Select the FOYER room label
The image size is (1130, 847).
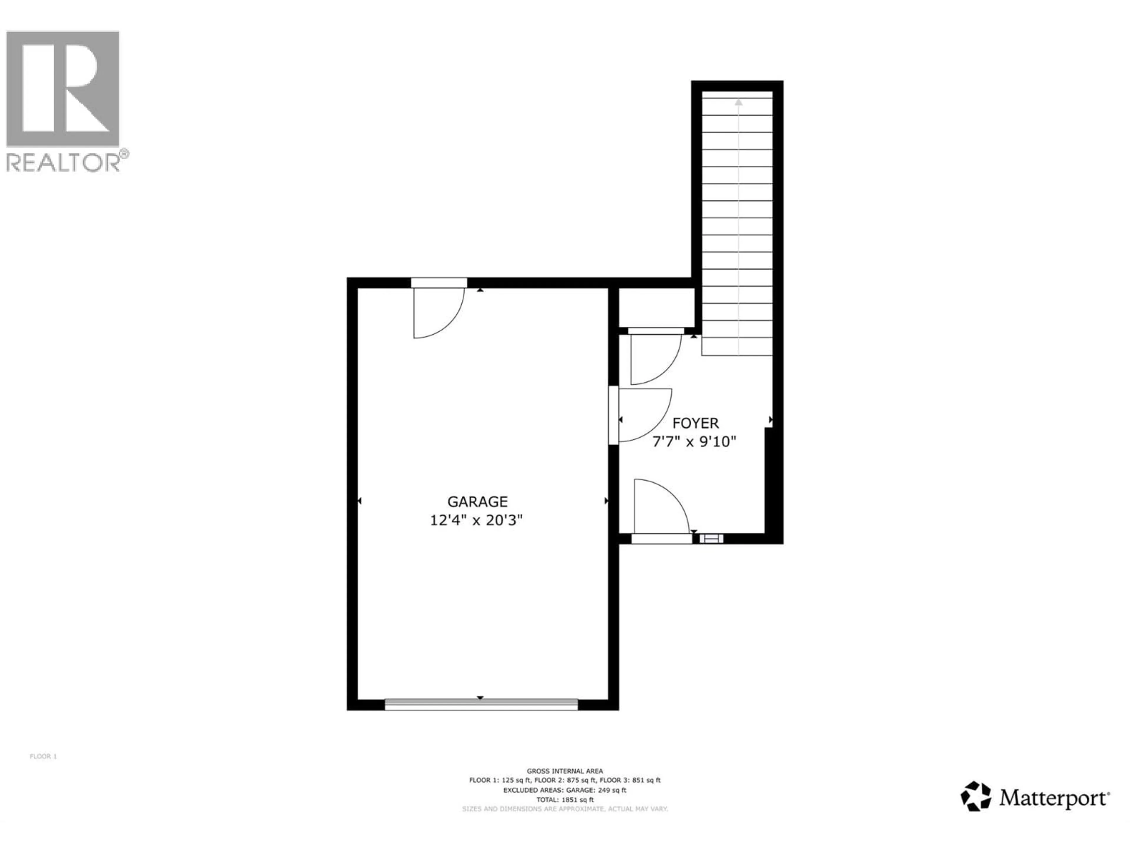click(695, 423)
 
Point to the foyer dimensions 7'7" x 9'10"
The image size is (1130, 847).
click(694, 441)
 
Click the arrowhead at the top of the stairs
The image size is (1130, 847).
click(739, 102)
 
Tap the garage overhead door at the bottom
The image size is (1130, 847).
click(481, 705)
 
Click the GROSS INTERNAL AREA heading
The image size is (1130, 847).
click(565, 771)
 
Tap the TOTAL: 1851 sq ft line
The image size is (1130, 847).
click(565, 800)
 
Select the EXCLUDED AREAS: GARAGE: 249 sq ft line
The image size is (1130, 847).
click(565, 790)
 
